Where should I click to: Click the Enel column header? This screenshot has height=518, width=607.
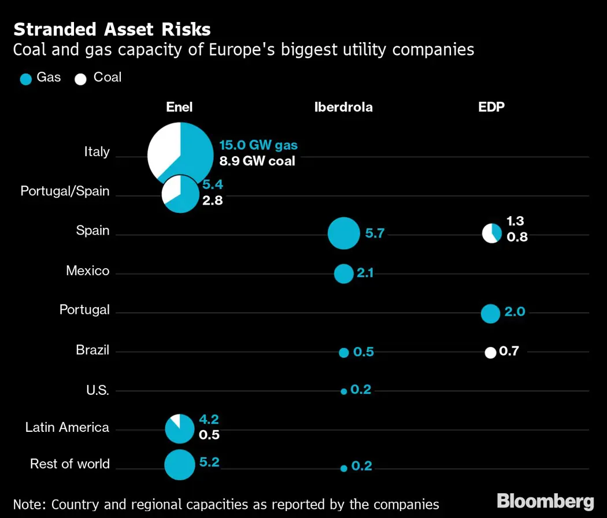click(179, 107)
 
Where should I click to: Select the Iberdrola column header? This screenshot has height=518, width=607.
click(343, 107)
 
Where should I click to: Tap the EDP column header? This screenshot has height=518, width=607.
click(492, 107)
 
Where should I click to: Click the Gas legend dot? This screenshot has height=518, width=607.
click(25, 79)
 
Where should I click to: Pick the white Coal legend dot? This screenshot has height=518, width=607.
click(81, 79)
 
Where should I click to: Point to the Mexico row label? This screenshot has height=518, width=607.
click(87, 271)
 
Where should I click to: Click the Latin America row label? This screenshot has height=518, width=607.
click(67, 427)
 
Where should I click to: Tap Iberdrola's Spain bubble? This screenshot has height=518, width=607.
click(344, 234)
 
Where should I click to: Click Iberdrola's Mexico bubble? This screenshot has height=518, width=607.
click(343, 273)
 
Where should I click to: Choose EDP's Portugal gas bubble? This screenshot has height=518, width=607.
click(490, 313)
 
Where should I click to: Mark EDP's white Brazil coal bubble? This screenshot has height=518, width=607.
click(490, 353)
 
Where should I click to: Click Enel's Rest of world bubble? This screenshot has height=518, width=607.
click(180, 464)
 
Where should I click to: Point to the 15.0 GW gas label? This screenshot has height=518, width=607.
click(258, 145)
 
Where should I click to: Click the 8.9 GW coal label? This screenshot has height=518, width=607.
click(257, 161)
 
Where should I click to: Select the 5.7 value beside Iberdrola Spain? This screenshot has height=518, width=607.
click(375, 234)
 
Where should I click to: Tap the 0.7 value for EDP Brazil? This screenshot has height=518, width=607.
click(509, 351)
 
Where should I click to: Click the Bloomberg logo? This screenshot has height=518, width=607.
click(546, 501)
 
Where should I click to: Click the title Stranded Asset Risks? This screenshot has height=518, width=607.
click(112, 29)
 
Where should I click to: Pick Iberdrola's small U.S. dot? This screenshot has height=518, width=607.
click(343, 391)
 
